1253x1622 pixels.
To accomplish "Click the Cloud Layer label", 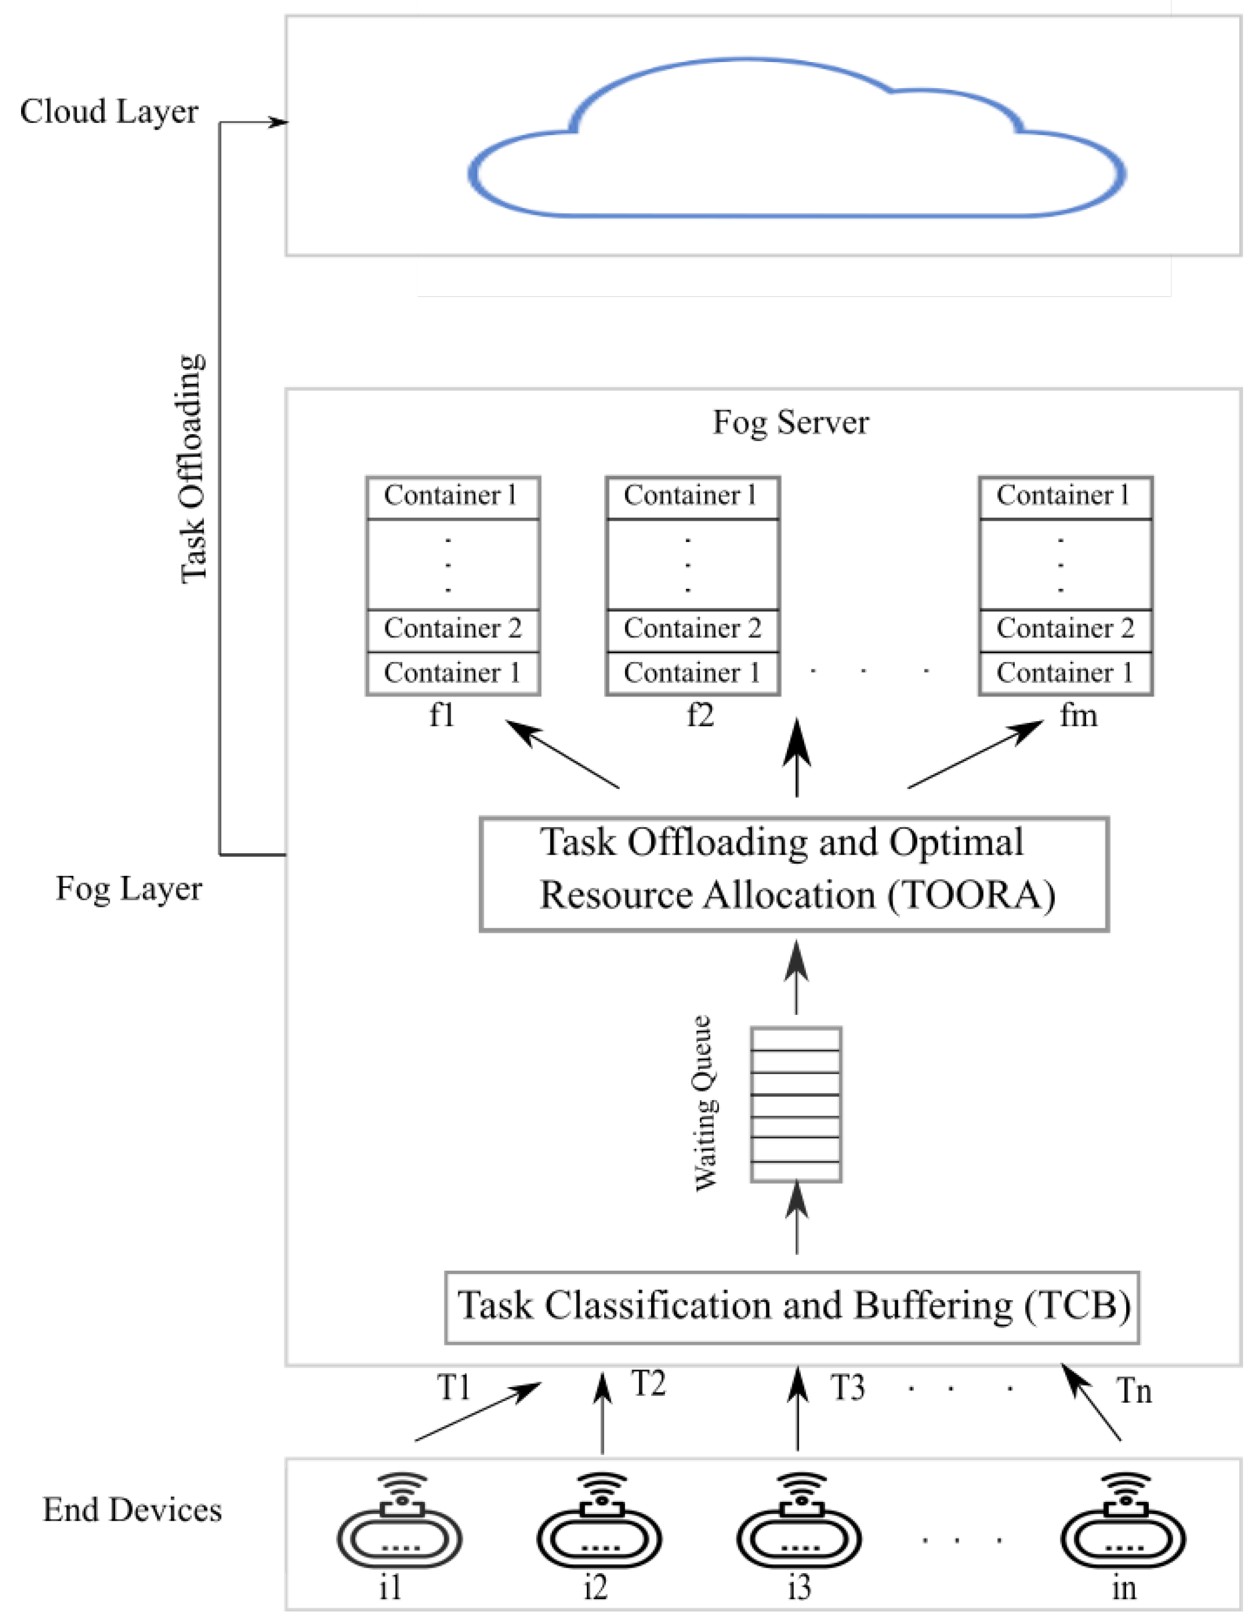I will (109, 112).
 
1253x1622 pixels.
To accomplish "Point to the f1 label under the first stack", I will (442, 715).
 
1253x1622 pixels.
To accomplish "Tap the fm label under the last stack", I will (1078, 715).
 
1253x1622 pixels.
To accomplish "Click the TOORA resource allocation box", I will (793, 874).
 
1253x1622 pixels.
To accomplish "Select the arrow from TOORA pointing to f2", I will (797, 757).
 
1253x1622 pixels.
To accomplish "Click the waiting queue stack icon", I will (795, 1105).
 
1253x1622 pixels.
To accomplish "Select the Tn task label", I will (1134, 1391).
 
